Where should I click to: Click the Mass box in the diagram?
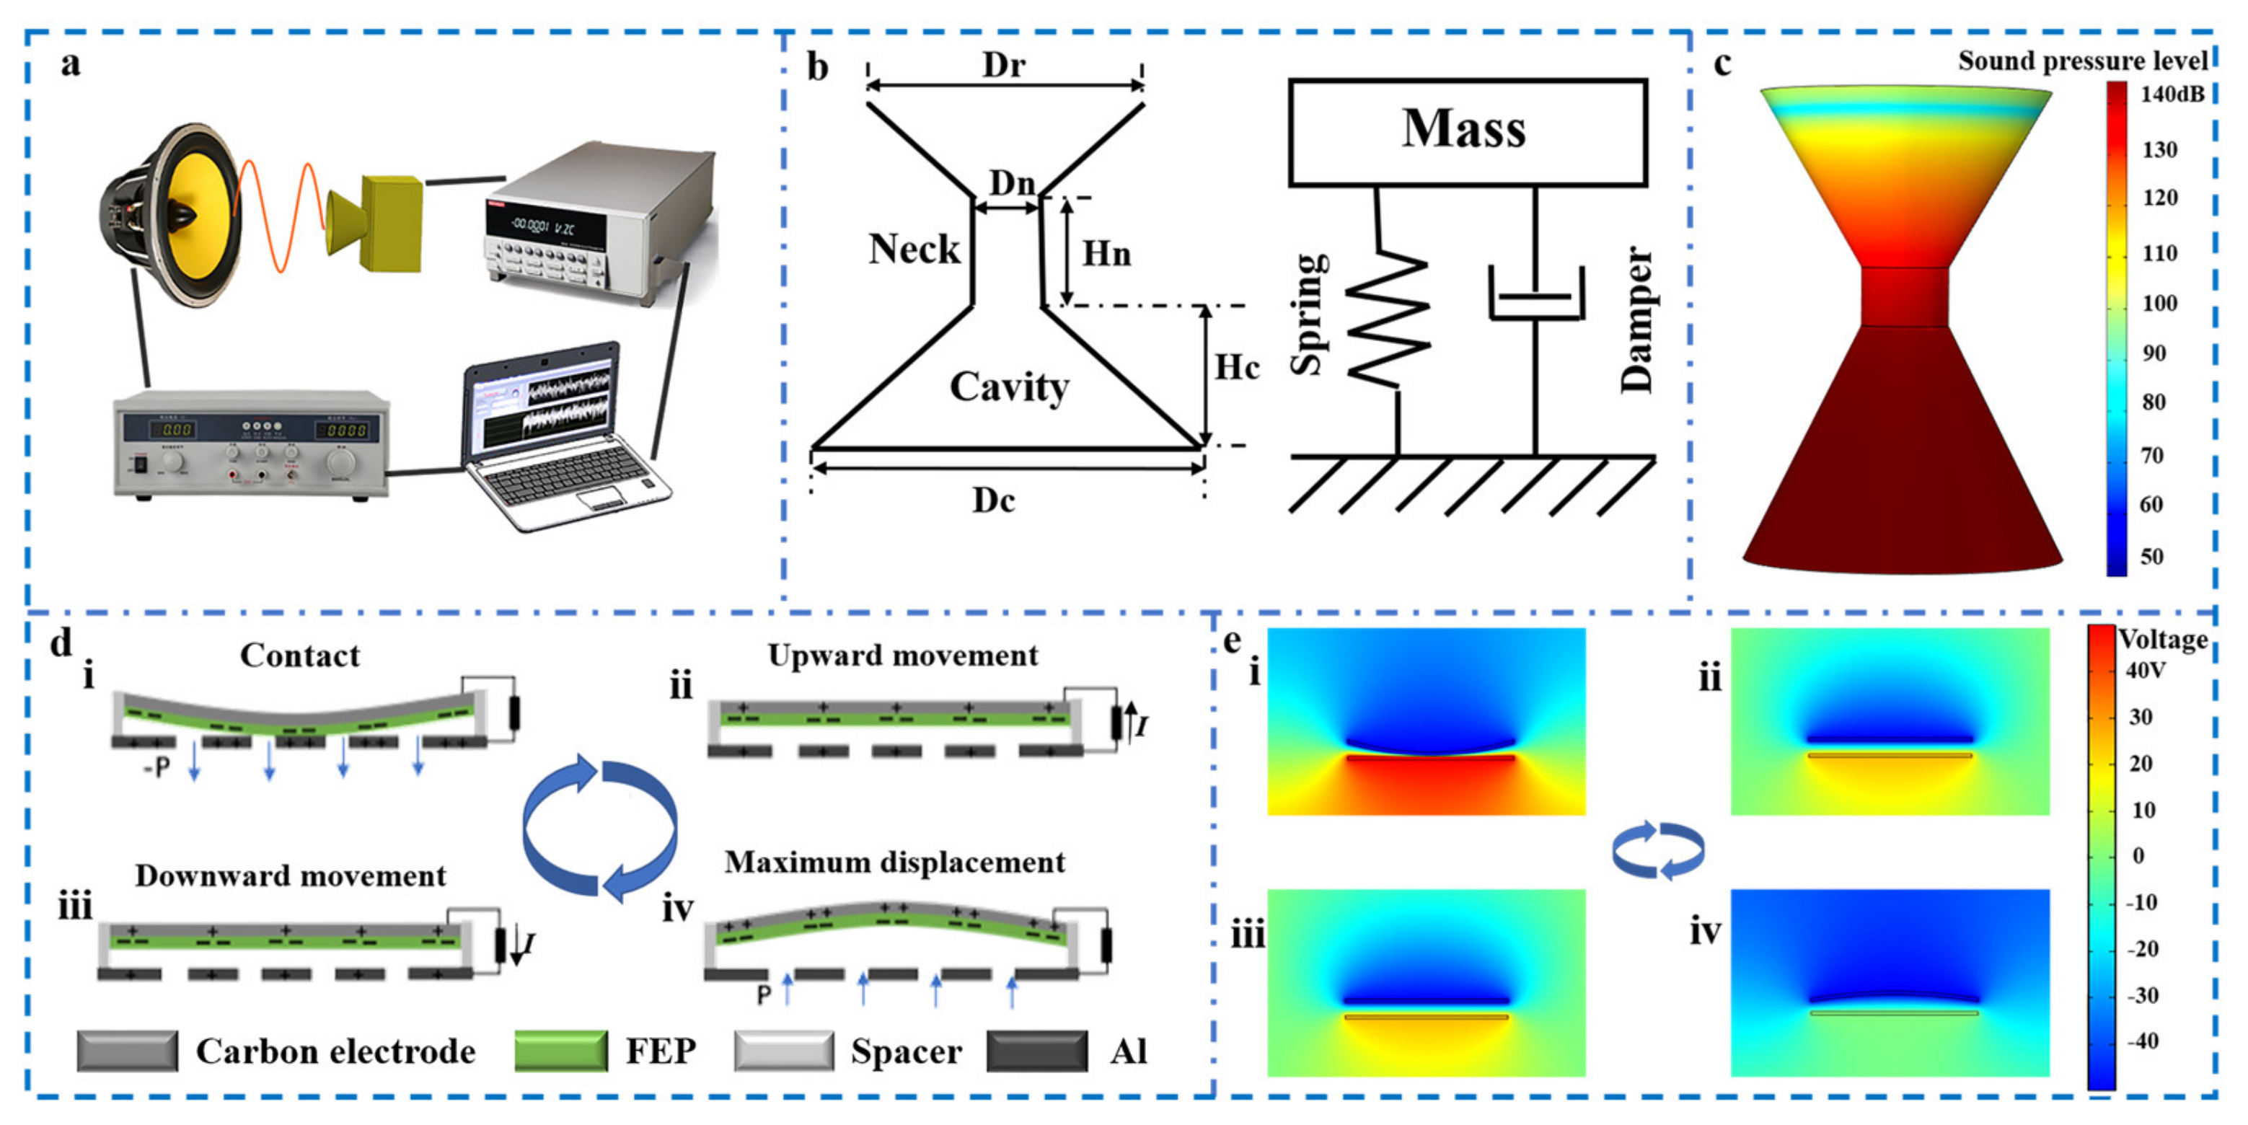(x=1467, y=132)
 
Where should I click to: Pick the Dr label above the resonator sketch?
(x=1004, y=65)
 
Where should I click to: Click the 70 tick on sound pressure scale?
(x=2152, y=455)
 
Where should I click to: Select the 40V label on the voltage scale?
(x=2145, y=670)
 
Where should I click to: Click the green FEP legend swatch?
(x=560, y=1050)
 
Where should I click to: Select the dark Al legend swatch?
(x=1036, y=1050)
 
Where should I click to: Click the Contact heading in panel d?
(x=299, y=656)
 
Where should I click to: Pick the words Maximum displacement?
(x=894, y=862)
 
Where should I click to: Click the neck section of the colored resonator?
(x=1903, y=296)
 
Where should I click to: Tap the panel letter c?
(x=1722, y=63)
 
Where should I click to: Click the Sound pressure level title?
(x=2081, y=61)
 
